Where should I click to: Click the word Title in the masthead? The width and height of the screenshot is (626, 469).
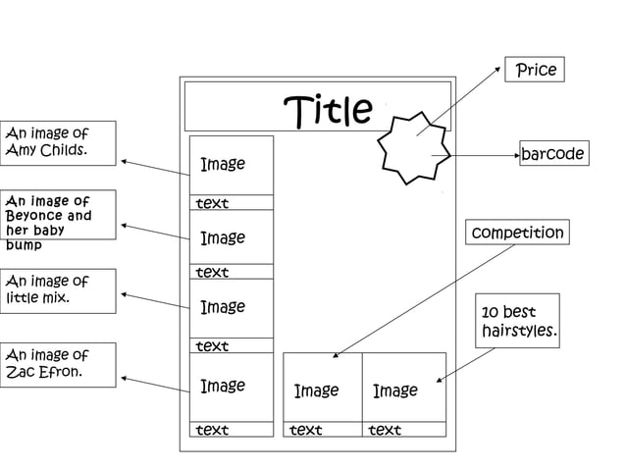(328, 110)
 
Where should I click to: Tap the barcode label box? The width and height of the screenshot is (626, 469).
(552, 154)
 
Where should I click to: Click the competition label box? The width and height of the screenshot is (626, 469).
(517, 233)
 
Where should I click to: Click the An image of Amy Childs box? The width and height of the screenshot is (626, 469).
(59, 143)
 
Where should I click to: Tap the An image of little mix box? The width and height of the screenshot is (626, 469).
(59, 291)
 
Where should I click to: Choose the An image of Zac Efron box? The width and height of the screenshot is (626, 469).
(59, 364)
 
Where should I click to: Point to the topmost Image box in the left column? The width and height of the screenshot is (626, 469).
(231, 165)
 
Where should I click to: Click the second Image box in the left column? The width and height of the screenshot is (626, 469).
(231, 238)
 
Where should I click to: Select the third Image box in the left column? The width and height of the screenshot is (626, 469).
(231, 308)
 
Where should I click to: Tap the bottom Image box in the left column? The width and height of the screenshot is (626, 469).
(231, 387)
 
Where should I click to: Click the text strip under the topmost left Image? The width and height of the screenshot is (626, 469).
(231, 203)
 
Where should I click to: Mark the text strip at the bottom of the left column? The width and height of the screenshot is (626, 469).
(231, 430)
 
